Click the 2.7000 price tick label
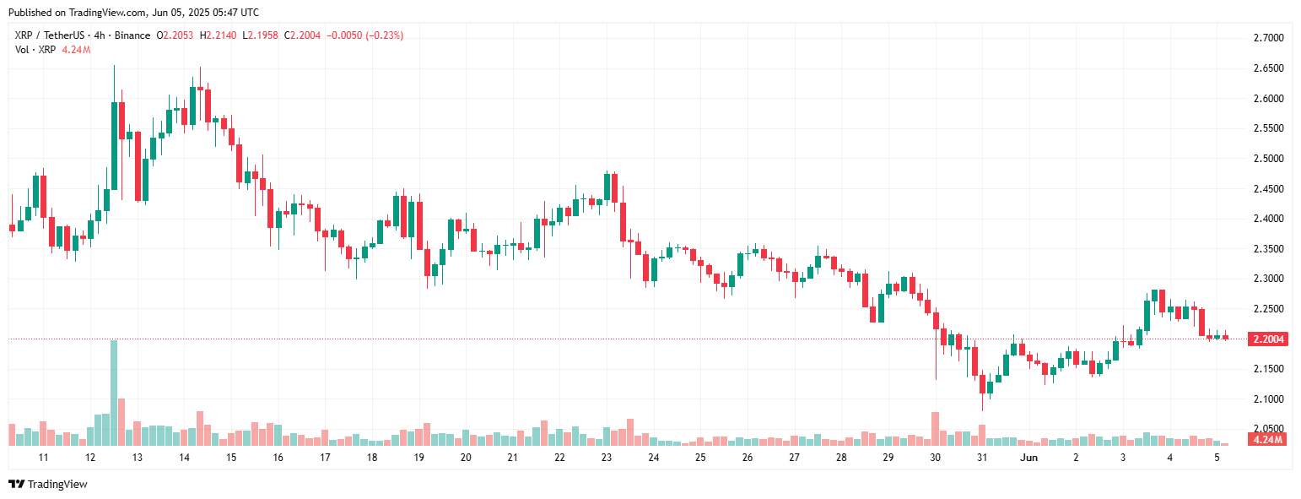coord(1268,39)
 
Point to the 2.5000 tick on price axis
coord(1268,159)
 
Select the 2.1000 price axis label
coord(1268,399)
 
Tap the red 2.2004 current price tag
coord(1268,339)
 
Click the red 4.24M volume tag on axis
coord(1268,440)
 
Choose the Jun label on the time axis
coord(1028,457)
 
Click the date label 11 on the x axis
coord(43,457)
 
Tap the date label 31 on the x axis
coord(982,457)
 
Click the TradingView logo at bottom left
coord(48,484)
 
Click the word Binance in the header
coord(132,35)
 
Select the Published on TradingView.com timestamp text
coord(133,13)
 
